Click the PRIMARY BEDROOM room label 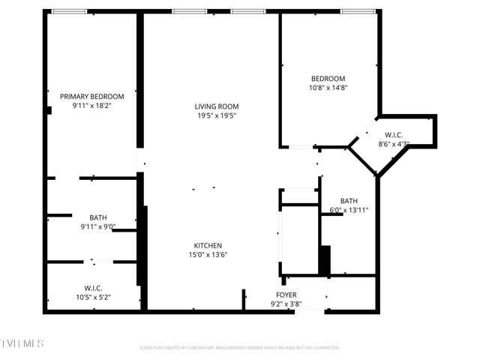[92, 96]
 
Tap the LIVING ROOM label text [217, 106]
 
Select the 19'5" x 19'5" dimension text [217, 115]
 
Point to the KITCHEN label [208, 245]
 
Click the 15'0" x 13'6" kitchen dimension [208, 254]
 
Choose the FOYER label [286, 295]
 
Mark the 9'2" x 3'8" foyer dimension [286, 304]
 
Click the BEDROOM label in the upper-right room [328, 79]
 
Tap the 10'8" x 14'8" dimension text [328, 88]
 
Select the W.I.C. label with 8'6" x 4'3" [394, 135]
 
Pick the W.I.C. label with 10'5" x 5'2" [93, 288]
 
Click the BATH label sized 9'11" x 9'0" [98, 217]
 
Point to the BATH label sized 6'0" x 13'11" [349, 200]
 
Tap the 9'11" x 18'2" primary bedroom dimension [92, 106]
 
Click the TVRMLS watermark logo [22, 343]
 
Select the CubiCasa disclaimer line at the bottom [240, 347]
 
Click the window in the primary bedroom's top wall [68, 11]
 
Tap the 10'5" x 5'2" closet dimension [93, 297]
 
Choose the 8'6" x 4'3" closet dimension [394, 144]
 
